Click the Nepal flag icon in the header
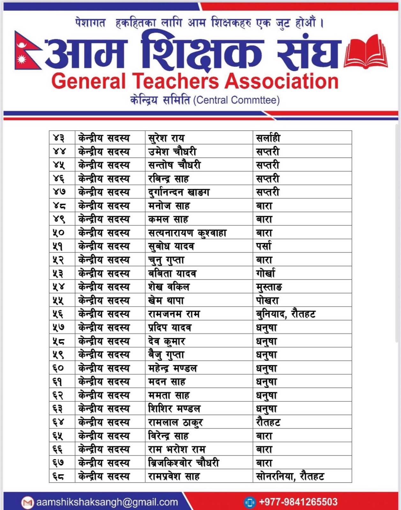[27, 51]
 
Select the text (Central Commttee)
[236, 100]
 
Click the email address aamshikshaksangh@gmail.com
[107, 502]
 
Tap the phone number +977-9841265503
[298, 502]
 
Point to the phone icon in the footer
[249, 502]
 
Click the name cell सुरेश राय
[166, 138]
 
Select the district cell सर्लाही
[268, 138]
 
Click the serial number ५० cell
[59, 233]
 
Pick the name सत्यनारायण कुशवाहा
[187, 233]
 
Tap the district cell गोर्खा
[265, 273]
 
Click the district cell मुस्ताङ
[269, 287]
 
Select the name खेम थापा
[166, 301]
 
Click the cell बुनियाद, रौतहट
[286, 314]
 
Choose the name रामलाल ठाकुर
[175, 423]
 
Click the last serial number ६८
[59, 477]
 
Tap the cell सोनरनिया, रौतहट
[290, 477]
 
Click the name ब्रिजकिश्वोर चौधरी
[184, 463]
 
